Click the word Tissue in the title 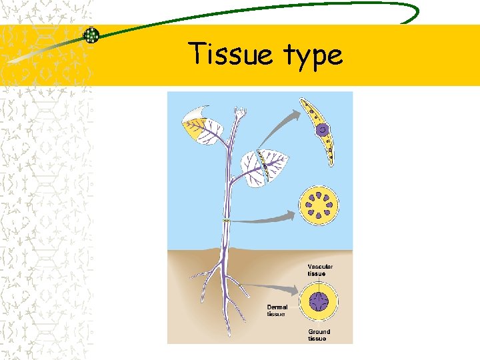229,54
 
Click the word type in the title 312,56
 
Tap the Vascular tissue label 321,270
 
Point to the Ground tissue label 319,335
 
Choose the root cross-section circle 319,301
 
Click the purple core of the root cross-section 319,301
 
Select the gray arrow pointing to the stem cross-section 267,217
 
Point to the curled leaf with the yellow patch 199,125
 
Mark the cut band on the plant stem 227,221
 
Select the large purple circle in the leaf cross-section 322,130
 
